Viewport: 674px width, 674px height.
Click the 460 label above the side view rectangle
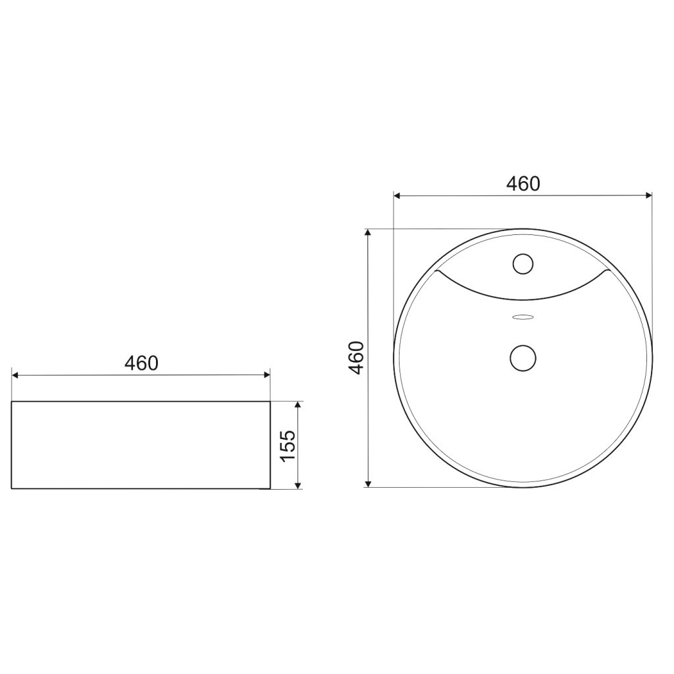(142, 363)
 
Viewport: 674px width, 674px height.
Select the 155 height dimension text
(287, 446)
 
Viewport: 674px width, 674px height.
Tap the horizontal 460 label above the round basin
(523, 184)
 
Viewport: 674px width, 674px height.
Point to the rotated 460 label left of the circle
(356, 358)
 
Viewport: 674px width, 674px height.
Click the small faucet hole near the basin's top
(523, 264)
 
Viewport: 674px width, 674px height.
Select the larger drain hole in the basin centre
(523, 358)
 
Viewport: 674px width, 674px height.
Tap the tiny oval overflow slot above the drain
(523, 317)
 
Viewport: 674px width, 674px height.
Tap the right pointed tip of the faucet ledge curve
(609, 271)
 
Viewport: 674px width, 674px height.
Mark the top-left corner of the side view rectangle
(12, 401)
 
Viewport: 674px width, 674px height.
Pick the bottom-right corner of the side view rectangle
(270, 489)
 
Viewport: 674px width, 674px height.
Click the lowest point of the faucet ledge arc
(523, 299)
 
